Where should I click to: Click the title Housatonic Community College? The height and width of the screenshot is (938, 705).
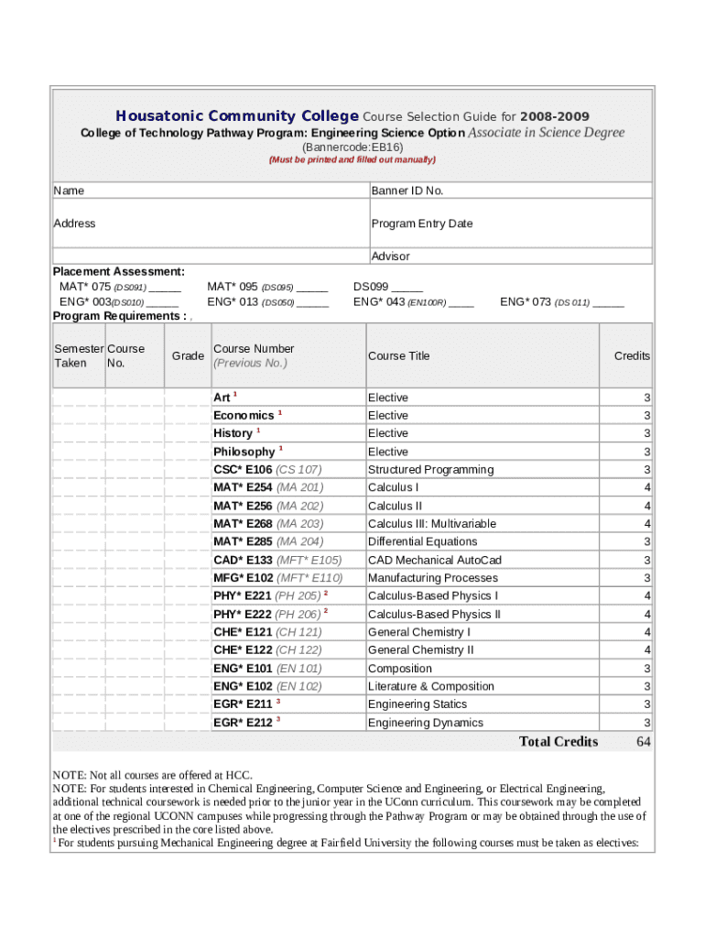point(237,116)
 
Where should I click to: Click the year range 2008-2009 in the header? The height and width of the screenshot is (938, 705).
point(555,116)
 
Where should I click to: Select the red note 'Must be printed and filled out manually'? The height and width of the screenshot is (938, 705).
point(352,159)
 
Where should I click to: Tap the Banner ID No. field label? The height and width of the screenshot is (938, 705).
point(407,191)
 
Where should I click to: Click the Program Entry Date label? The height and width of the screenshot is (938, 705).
point(422,224)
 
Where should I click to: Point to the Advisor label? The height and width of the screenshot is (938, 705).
point(391,256)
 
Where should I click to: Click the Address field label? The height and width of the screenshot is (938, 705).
point(74,224)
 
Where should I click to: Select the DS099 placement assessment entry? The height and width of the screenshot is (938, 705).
point(388,287)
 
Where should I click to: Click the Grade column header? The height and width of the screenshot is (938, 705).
point(188,355)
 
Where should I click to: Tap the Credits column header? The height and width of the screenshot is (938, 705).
point(632,355)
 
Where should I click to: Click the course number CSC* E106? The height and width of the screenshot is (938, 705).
point(243,470)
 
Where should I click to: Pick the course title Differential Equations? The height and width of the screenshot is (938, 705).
point(422,541)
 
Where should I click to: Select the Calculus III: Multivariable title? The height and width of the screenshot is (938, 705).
point(431,524)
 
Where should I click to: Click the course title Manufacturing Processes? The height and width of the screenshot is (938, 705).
point(432,578)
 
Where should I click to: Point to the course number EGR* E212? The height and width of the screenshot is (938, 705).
point(243,723)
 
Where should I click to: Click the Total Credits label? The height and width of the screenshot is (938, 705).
point(559,742)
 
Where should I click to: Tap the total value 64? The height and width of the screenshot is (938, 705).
point(643,742)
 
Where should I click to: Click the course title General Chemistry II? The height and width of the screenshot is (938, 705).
point(420,650)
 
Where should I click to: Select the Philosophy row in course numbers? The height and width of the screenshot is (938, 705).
point(244,452)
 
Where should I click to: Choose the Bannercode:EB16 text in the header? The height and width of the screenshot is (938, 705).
point(352,147)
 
